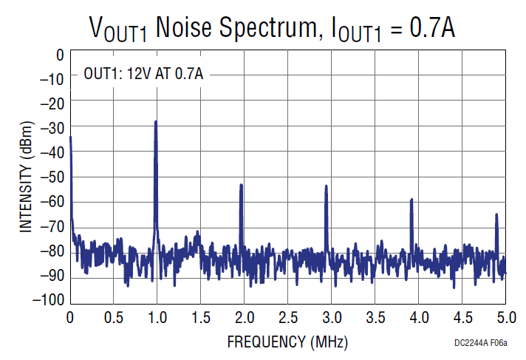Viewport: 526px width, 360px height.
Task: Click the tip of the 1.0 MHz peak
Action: click(155, 122)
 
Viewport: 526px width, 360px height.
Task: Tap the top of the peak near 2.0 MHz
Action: click(241, 186)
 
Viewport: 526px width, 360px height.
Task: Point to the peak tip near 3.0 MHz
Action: click(326, 186)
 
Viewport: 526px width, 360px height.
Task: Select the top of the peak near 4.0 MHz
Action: click(411, 200)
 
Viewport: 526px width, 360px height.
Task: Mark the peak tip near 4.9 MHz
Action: click(496, 214)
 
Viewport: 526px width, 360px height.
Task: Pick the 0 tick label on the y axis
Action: click(59, 54)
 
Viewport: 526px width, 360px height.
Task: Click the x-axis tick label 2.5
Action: click(287, 318)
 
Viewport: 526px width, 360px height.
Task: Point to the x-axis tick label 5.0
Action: click(505, 318)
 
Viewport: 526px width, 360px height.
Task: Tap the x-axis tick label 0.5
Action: click(113, 318)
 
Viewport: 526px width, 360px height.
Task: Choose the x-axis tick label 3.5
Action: click(375, 318)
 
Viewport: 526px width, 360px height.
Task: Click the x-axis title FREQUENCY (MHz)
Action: click(287, 342)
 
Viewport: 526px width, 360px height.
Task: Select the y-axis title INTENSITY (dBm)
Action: click(26, 177)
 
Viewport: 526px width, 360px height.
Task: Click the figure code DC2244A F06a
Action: click(487, 344)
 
